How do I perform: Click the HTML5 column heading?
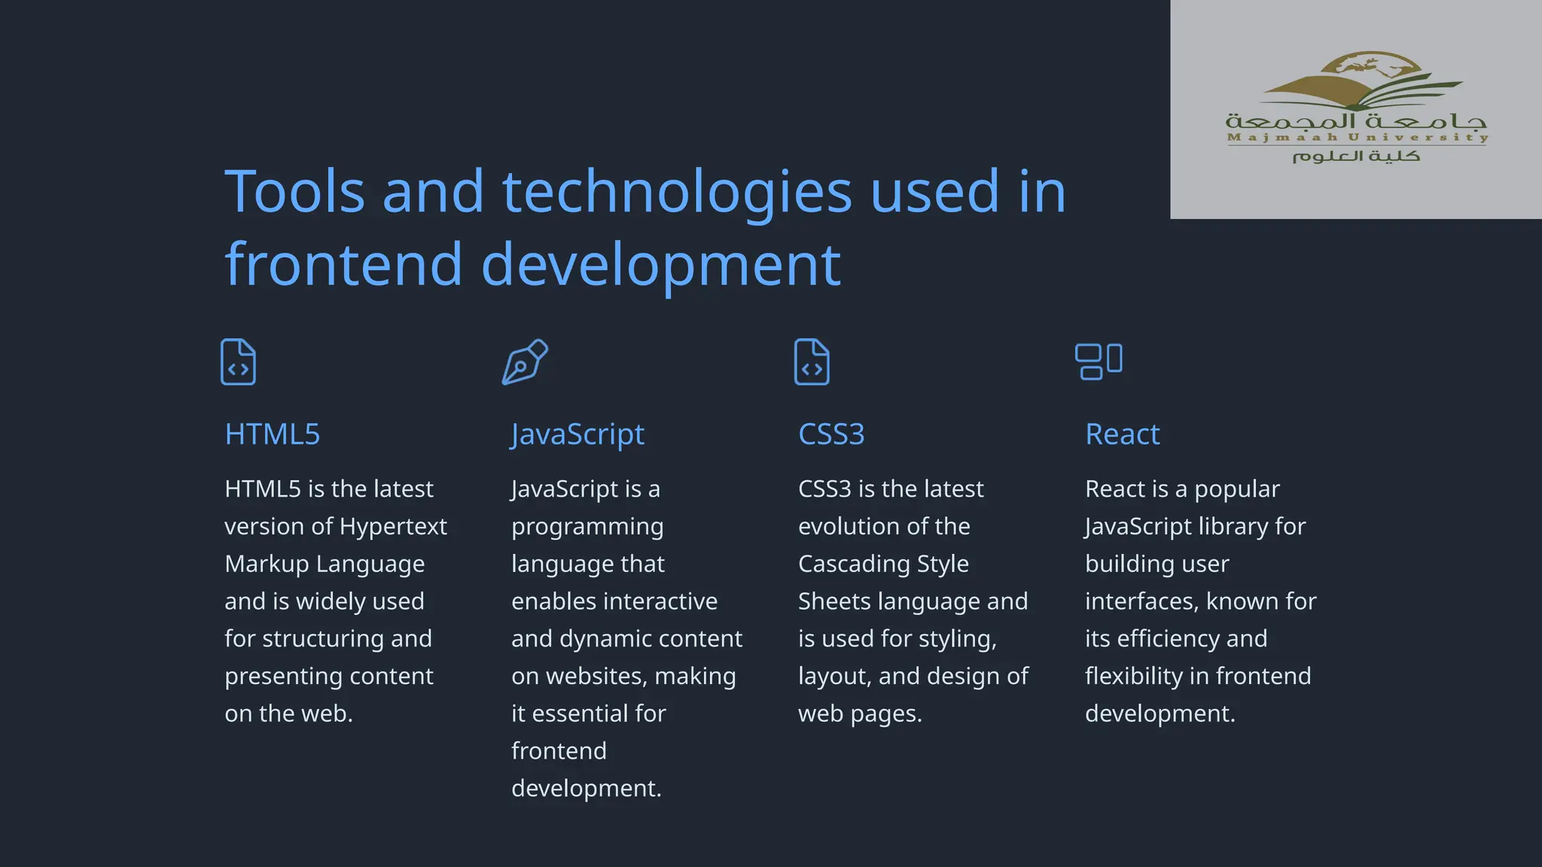click(272, 434)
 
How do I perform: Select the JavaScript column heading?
click(577, 434)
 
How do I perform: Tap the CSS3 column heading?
click(831, 434)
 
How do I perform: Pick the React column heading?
click(1122, 434)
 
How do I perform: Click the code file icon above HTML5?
click(238, 362)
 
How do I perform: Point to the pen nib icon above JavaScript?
click(525, 362)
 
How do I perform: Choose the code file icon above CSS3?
click(812, 362)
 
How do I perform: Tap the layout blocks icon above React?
click(1099, 361)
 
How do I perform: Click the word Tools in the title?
click(294, 191)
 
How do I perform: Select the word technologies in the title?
click(677, 191)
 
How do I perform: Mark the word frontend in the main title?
click(343, 264)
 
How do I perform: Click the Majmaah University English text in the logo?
click(1358, 137)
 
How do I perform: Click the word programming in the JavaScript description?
click(587, 526)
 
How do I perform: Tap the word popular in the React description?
click(1236, 489)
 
